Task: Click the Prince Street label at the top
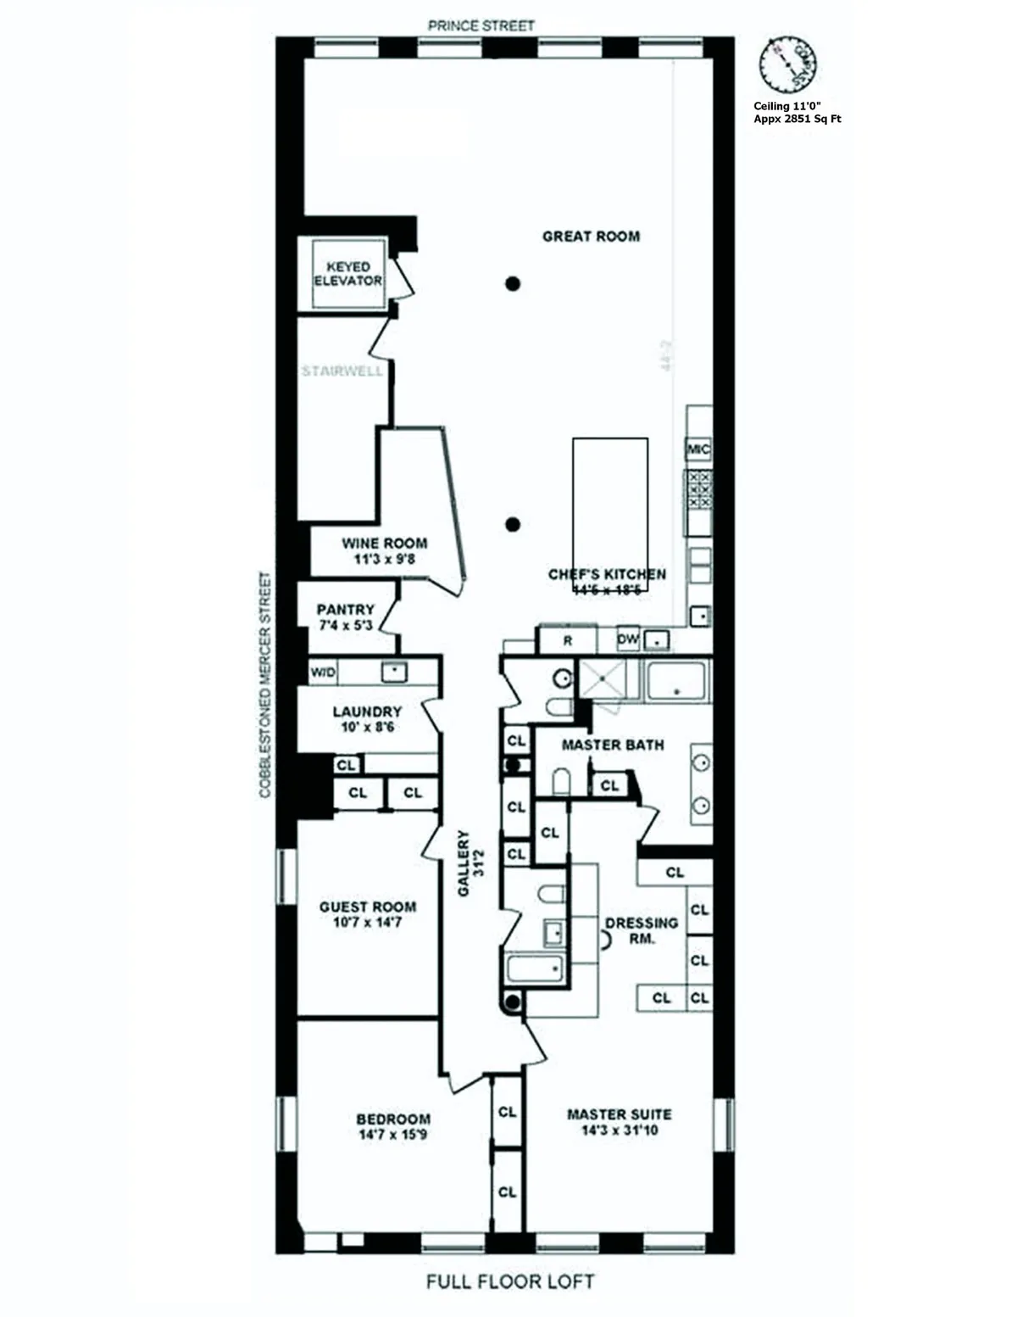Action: point(481,25)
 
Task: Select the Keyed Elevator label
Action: point(348,273)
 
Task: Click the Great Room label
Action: point(591,237)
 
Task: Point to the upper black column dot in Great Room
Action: point(512,284)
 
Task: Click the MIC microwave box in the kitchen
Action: point(698,449)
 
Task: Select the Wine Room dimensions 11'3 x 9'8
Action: point(384,560)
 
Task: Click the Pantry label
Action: point(345,610)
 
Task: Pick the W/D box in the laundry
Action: point(323,672)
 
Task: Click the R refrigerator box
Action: point(567,640)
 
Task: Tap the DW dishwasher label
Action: point(627,639)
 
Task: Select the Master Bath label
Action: point(613,745)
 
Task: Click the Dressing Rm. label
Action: point(642,930)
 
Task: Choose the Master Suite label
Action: point(619,1114)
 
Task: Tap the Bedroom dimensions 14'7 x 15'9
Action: point(392,1135)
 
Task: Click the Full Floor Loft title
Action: point(510,1281)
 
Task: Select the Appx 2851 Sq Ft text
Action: point(797,120)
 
